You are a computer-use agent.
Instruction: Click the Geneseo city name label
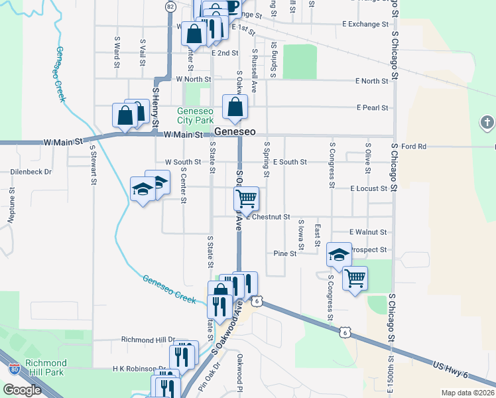pyautogui.click(x=234, y=132)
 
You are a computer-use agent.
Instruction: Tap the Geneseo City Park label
pyautogui.click(x=194, y=115)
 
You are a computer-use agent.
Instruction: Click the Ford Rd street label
pyautogui.click(x=412, y=146)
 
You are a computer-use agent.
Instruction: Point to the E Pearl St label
pyautogui.click(x=372, y=107)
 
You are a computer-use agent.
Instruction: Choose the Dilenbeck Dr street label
pyautogui.click(x=31, y=172)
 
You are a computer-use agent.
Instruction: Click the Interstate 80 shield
pyautogui.click(x=15, y=367)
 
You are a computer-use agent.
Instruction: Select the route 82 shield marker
pyautogui.click(x=171, y=7)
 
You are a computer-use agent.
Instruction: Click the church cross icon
pyautogui.click(x=487, y=123)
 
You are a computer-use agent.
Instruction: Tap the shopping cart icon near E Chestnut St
pyautogui.click(x=246, y=198)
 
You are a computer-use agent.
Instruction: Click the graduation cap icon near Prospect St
pyautogui.click(x=339, y=254)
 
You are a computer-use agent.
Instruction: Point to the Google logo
pyautogui.click(x=23, y=390)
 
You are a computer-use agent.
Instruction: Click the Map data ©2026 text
pyautogui.click(x=467, y=393)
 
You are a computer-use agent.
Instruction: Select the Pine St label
pyautogui.click(x=284, y=253)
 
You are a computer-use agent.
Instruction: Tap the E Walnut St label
pyautogui.click(x=368, y=233)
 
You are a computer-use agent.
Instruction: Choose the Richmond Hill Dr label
pyautogui.click(x=148, y=340)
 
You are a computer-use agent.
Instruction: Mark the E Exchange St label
pyautogui.click(x=365, y=25)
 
